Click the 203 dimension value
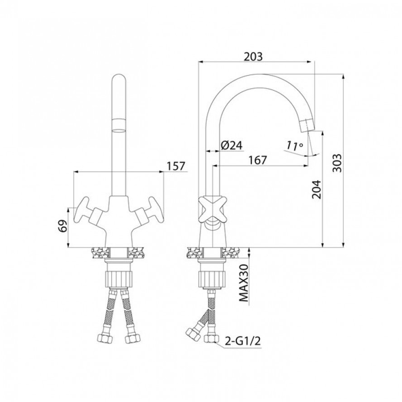pyautogui.click(x=253, y=57)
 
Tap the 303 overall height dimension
pyautogui.click(x=337, y=163)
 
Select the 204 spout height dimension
pyautogui.click(x=316, y=189)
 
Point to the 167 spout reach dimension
pyautogui.click(x=258, y=160)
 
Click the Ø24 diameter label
pyautogui.click(x=232, y=146)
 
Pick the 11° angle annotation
pyautogui.click(x=295, y=146)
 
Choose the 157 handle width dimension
pyautogui.click(x=176, y=166)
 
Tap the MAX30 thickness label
pyautogui.click(x=244, y=283)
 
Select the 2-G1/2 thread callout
pyautogui.click(x=242, y=341)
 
